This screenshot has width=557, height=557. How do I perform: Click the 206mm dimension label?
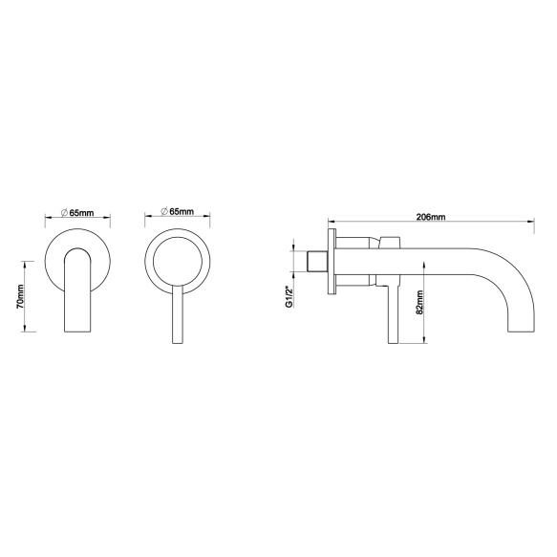pos(431,217)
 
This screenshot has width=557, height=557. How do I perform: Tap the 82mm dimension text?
pos(419,302)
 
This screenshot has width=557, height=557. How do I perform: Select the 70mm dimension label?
pos(20,296)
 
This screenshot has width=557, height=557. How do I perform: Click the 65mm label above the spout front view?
pos(82,213)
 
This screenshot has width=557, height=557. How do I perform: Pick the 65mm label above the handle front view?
pos(182,212)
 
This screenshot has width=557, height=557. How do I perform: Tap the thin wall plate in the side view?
pos(332,261)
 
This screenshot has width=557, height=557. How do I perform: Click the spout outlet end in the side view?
pos(521,331)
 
